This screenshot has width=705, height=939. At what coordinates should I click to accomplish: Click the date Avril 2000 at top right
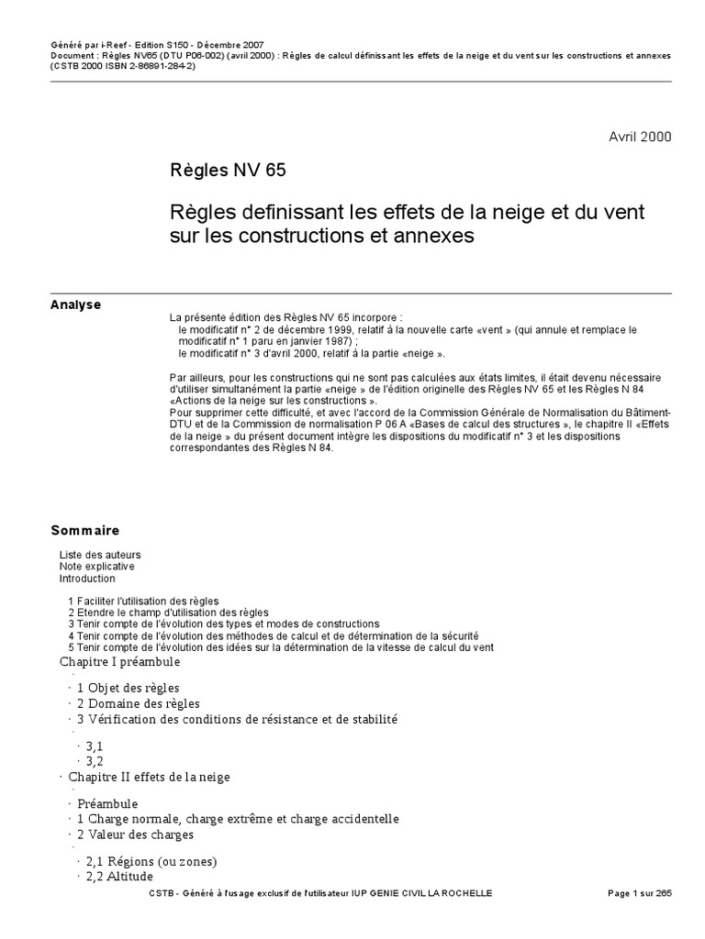(640, 137)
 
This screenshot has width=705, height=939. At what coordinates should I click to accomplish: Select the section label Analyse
(75, 305)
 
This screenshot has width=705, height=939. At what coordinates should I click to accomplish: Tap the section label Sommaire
(84, 531)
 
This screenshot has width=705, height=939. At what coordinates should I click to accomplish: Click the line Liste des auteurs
(100, 555)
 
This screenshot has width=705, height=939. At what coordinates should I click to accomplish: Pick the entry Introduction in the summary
(87, 579)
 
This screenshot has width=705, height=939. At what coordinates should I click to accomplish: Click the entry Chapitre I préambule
(119, 662)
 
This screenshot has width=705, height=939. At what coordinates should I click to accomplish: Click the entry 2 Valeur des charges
(135, 834)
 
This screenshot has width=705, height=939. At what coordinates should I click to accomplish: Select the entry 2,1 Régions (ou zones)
(151, 862)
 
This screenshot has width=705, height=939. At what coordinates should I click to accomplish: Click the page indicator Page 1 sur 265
(640, 893)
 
